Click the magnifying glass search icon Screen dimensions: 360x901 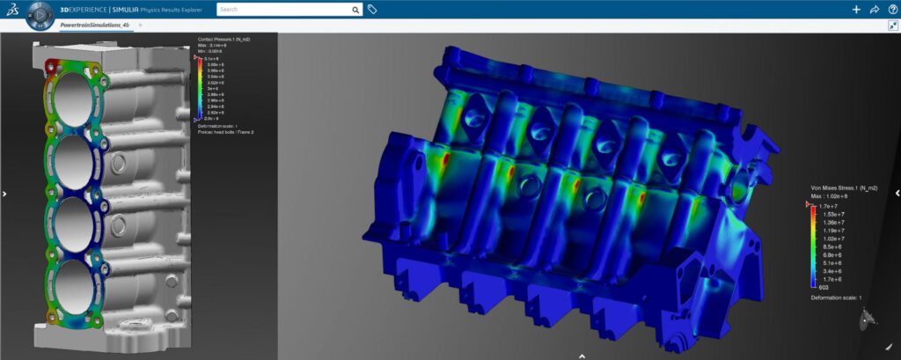pyautogui.click(x=355, y=10)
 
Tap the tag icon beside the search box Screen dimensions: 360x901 pyautogui.click(x=373, y=10)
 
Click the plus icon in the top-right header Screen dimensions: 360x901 pyautogui.click(x=856, y=10)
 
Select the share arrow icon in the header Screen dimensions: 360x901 pyautogui.click(x=874, y=10)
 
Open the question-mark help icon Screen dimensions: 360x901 pyautogui.click(x=891, y=10)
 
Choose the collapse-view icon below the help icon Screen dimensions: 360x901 pyautogui.click(x=892, y=26)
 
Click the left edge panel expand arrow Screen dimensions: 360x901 pyautogui.click(x=4, y=194)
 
